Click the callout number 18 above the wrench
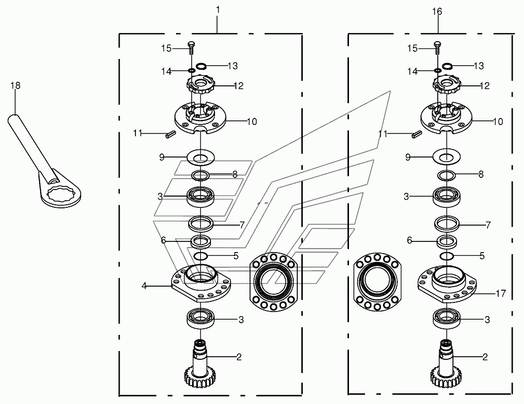coord(15,86)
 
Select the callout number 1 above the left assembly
coord(218,10)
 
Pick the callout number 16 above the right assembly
coord(437,12)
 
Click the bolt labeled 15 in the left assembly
coord(191,48)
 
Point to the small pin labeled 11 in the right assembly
coord(416,134)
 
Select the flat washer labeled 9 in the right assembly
coord(446,157)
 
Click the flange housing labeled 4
coord(201,281)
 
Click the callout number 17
coord(501,294)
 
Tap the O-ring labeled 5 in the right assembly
coord(446,256)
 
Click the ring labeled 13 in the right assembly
coord(447,66)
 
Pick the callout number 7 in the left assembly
coord(242,225)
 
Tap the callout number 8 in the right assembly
coord(481,174)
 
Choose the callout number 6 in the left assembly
coord(163,240)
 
